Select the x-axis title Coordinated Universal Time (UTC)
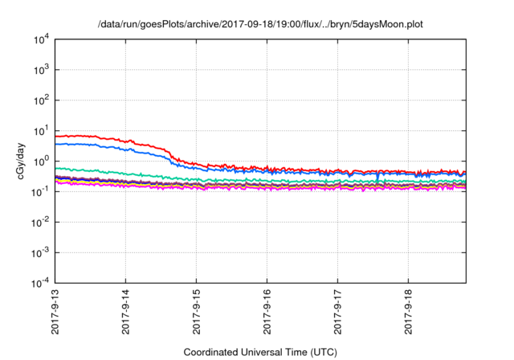click(x=260, y=352)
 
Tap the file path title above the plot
click(x=260, y=25)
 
